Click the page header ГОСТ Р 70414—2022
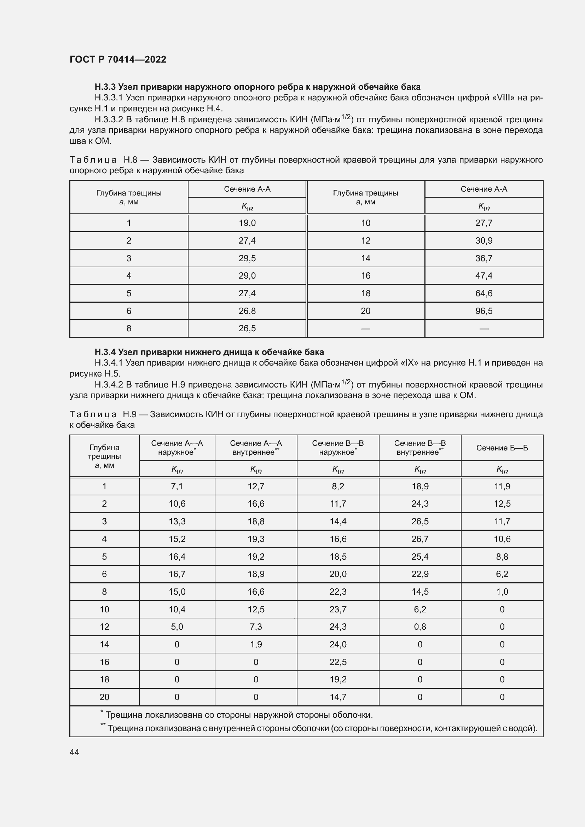pyautogui.click(x=118, y=59)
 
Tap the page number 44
pyautogui.click(x=74, y=752)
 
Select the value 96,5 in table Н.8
pyautogui.click(x=484, y=311)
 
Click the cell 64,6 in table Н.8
pyautogui.click(x=484, y=293)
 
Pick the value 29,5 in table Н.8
pyautogui.click(x=247, y=258)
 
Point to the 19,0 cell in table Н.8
pyautogui.click(x=247, y=223)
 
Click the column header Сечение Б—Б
pyautogui.click(x=502, y=448)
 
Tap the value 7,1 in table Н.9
pyautogui.click(x=177, y=486)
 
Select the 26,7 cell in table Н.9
pyautogui.click(x=420, y=539)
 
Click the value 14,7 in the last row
pyautogui.click(x=338, y=697)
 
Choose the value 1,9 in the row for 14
pyautogui.click(x=256, y=645)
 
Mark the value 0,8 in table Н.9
pyautogui.click(x=420, y=627)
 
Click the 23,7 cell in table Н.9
pyautogui.click(x=338, y=609)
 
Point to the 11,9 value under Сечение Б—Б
pyautogui.click(x=502, y=486)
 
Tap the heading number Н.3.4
pyautogui.click(x=105, y=352)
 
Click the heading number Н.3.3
pyautogui.click(x=105, y=87)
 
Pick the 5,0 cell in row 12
pyautogui.click(x=177, y=627)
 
